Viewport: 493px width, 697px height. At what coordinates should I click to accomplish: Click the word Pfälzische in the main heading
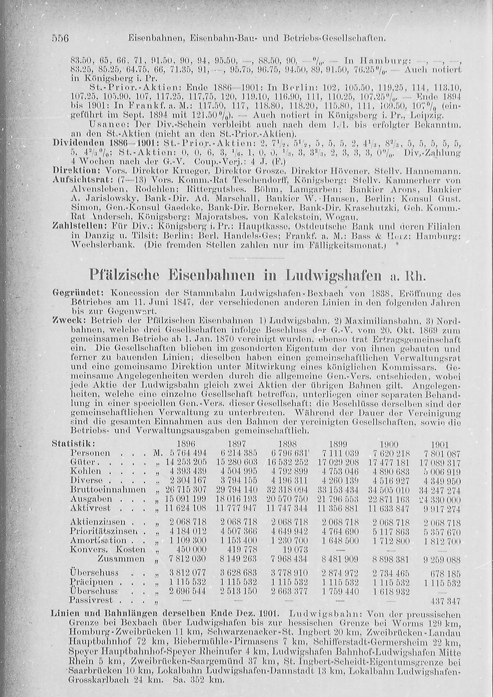tap(127, 274)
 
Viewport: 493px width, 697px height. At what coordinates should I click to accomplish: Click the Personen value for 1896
tap(187, 453)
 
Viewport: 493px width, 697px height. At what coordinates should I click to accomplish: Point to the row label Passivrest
tap(92, 600)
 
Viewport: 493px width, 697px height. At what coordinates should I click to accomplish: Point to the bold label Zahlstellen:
tap(73, 226)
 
